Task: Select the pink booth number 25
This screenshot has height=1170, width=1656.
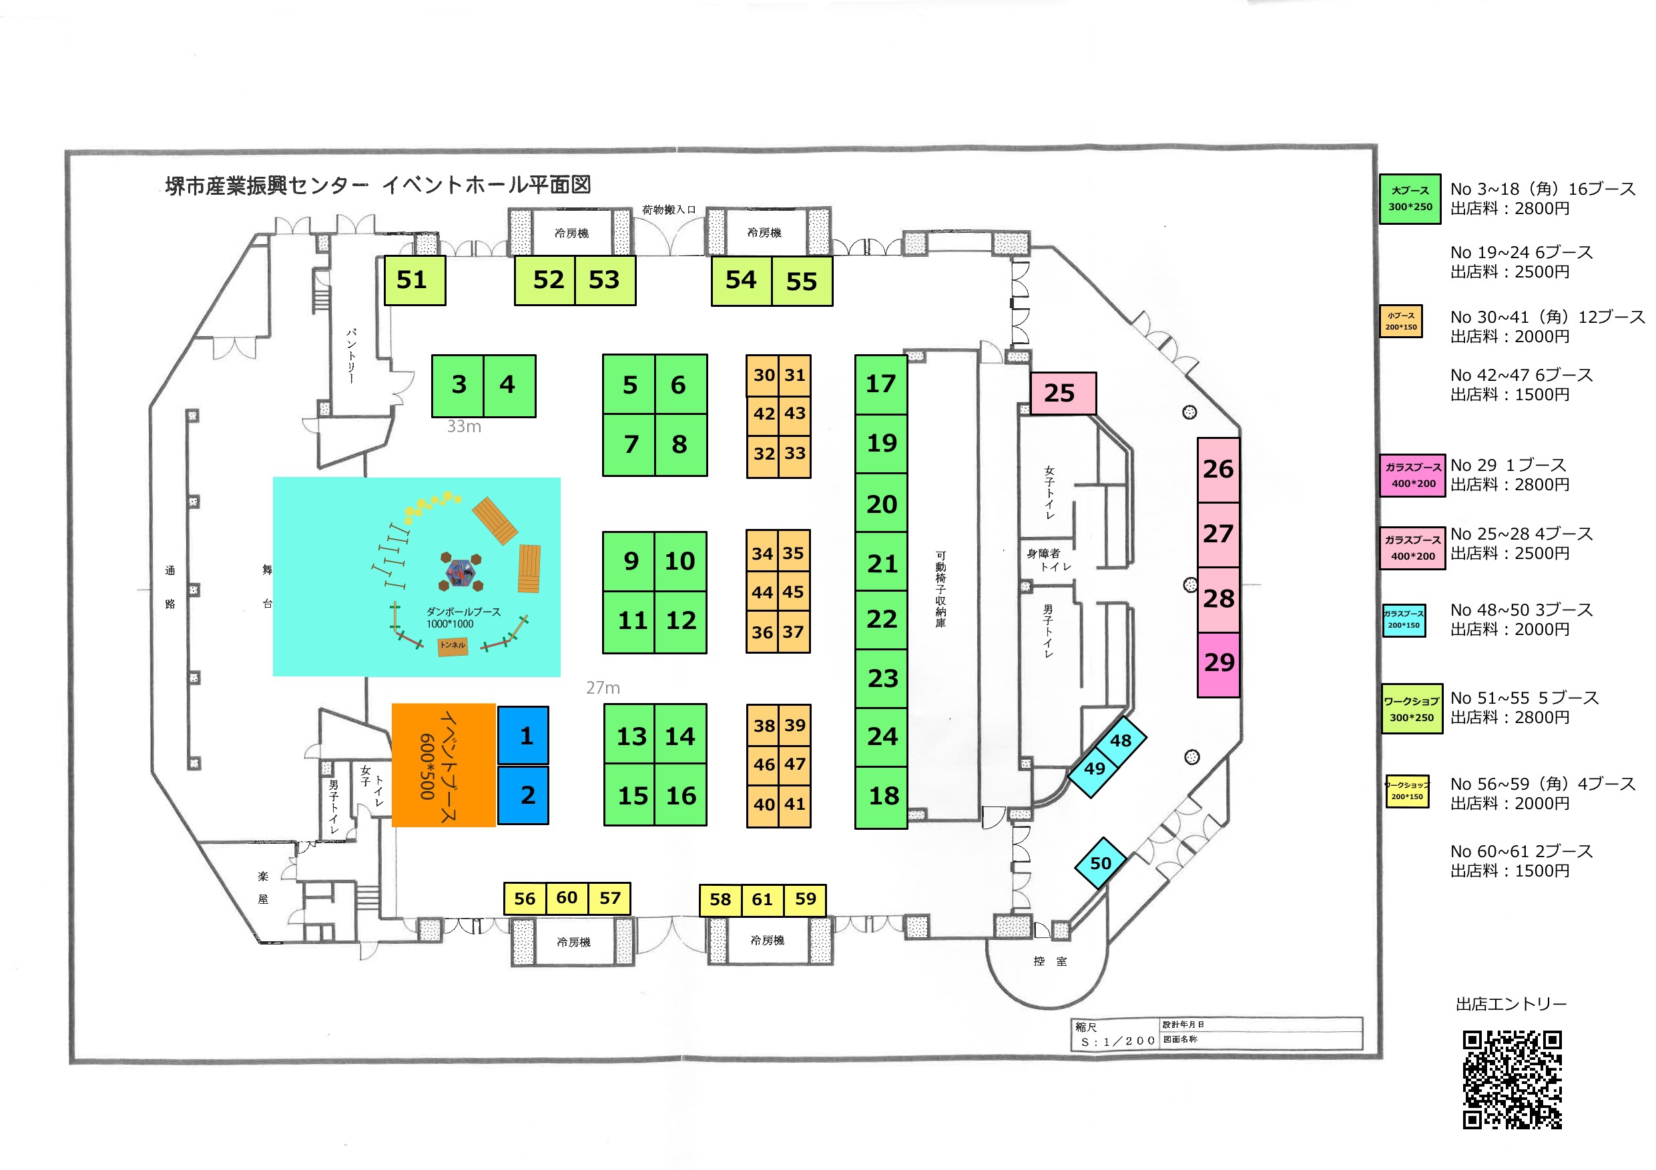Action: coord(1063,394)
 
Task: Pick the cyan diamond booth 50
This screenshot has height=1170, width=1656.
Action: coord(1101,863)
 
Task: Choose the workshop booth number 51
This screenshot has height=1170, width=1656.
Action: coord(414,280)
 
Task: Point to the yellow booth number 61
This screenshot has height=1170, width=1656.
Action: coord(762,900)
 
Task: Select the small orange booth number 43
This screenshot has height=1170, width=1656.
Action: coord(795,414)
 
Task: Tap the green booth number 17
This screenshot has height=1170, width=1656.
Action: coord(880,384)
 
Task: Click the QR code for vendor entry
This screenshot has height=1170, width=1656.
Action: coord(1512,1079)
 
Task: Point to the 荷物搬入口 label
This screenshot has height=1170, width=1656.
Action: coord(669,209)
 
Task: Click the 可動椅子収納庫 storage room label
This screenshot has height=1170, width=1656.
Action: coord(940,589)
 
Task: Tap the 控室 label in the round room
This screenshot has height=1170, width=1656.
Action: coord(1049,961)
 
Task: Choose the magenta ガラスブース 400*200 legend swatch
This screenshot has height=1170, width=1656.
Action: coord(1413,475)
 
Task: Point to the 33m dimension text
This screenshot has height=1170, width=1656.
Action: coord(464,427)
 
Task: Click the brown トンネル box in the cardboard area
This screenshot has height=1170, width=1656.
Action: coord(453,646)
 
